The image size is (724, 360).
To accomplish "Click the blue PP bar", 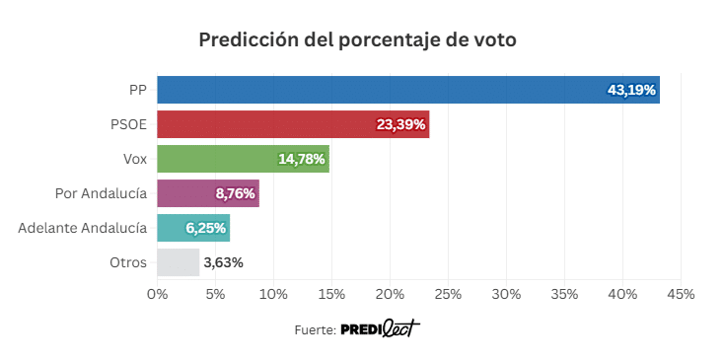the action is click(408, 90).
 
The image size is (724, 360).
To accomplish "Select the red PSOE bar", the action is click(293, 124).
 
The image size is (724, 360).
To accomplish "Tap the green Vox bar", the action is click(244, 159).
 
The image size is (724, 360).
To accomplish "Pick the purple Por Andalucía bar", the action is click(208, 193).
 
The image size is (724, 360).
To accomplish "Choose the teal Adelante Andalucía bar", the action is click(193, 228).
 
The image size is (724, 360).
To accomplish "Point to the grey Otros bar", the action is click(179, 262).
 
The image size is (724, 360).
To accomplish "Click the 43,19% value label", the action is click(631, 90).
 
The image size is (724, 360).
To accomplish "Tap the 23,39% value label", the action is click(400, 124).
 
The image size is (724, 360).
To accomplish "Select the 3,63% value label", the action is click(224, 263).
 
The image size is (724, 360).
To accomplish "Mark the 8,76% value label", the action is click(235, 194).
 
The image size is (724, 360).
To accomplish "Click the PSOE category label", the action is click(129, 124).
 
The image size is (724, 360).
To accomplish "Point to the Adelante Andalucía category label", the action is click(83, 228).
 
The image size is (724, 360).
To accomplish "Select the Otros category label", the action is click(128, 262).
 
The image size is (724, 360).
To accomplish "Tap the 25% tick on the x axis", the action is click(449, 294).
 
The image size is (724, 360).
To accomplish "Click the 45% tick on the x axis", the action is click(681, 294).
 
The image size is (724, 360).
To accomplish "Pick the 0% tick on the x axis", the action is click(158, 294).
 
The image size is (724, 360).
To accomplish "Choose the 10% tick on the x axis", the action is click(274, 294).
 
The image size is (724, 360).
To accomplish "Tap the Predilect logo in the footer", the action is click(381, 328).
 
